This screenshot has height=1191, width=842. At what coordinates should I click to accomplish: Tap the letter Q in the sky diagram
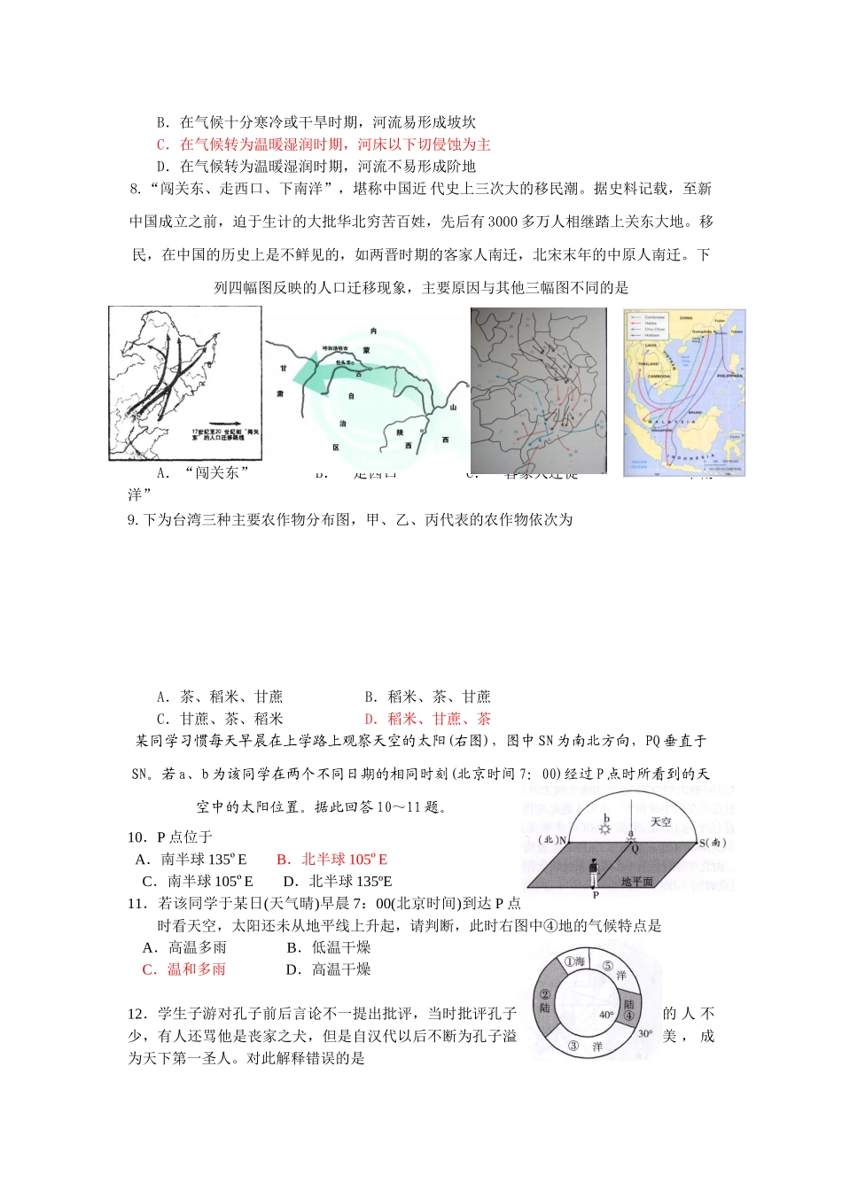point(635,848)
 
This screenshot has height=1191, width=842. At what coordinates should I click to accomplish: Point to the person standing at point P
point(593,873)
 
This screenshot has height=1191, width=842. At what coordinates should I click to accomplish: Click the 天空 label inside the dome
point(661,822)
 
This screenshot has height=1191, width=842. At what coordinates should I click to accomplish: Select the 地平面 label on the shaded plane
point(636,882)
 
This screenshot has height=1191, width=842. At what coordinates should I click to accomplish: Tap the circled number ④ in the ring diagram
point(628,1016)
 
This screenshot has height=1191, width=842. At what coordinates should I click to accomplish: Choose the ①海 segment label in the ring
point(574,961)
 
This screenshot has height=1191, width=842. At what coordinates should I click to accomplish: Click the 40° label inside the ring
point(606,1015)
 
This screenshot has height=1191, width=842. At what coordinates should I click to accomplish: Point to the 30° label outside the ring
point(645,1033)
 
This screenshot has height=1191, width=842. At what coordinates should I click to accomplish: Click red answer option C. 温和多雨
point(184,969)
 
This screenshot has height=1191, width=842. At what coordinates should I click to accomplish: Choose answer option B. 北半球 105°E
point(332,860)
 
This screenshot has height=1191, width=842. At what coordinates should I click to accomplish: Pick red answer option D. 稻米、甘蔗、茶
point(427,719)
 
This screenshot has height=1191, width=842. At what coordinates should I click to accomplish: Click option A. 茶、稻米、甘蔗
point(220,697)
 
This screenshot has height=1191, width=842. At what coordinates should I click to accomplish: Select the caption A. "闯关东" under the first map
point(203,473)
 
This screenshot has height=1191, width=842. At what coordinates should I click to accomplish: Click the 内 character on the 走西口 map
point(373,331)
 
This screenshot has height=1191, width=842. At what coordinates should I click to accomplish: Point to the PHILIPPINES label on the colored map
point(729,376)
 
